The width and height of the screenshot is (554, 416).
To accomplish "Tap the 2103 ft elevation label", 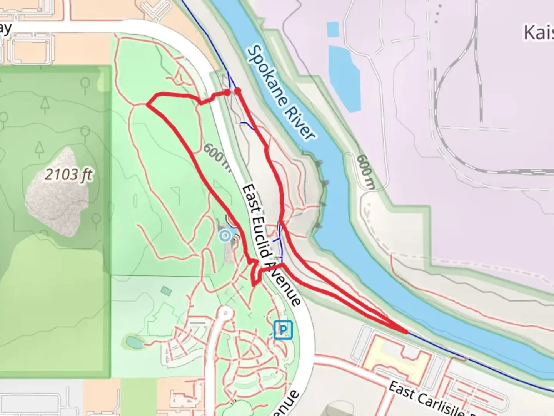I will click(x=68, y=175).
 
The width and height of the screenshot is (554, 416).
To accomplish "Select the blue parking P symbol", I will click(x=283, y=330).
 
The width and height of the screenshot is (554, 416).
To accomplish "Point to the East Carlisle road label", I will click(x=427, y=399).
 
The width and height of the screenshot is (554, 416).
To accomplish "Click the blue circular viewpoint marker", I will click(x=225, y=235).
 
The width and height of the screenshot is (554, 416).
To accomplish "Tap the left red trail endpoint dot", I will click(x=227, y=92).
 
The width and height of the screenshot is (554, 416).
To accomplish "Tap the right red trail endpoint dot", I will click(x=238, y=91).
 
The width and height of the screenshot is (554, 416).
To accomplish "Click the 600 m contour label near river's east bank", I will click(x=366, y=171).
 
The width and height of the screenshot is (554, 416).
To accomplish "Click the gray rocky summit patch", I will click(x=58, y=193).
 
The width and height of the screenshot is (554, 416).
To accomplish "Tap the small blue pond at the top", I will click(x=333, y=30).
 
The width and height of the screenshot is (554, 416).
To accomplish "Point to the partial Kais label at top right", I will click(x=539, y=33).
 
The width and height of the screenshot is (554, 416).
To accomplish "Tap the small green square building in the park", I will click(x=167, y=291).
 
